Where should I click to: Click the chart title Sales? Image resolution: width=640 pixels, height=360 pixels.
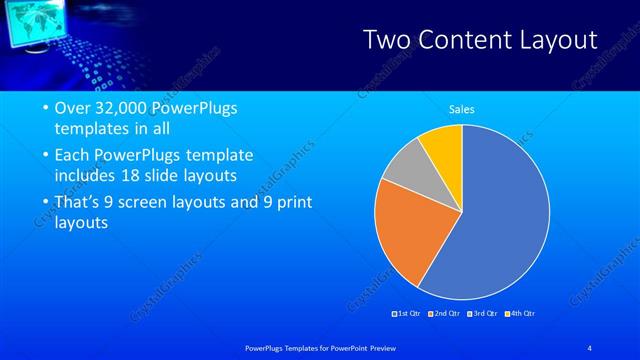[x=461, y=109]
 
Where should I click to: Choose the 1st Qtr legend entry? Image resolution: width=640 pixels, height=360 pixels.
[x=405, y=314]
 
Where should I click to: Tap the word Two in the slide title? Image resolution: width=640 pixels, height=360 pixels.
[x=386, y=40]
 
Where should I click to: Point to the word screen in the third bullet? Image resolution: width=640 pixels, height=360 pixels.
[x=167, y=202]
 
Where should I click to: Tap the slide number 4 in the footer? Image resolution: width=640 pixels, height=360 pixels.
[x=590, y=347]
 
